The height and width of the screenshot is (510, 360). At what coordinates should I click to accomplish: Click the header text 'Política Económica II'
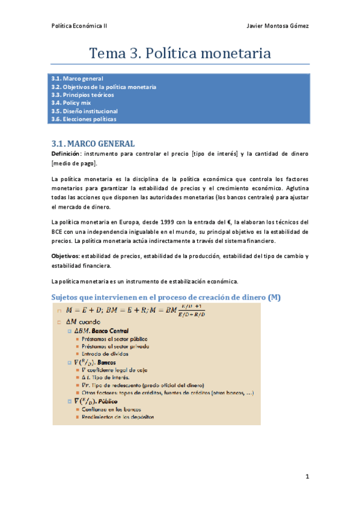79,26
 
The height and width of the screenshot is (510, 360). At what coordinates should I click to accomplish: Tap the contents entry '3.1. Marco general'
78,79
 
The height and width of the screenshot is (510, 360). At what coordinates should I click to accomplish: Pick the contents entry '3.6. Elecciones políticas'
84,119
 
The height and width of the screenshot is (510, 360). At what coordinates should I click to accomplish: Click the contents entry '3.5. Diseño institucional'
85,111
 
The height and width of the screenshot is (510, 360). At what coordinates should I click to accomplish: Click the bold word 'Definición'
66,154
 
